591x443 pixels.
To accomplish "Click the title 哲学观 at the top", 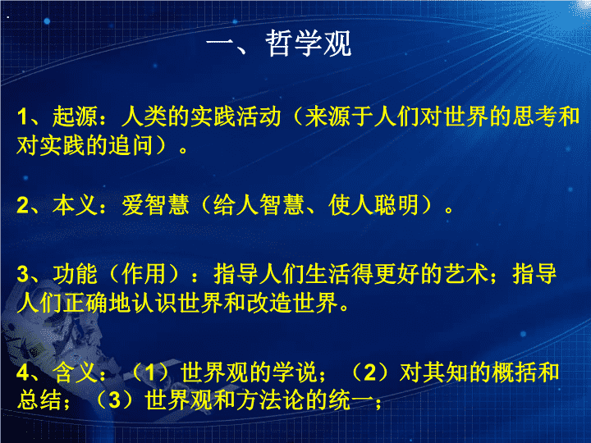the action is (309, 43).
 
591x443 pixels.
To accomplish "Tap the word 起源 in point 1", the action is (75, 116).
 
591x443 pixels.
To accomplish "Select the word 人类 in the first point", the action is (144, 116).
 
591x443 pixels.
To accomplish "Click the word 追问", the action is (131, 145).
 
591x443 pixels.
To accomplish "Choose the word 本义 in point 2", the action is (75, 205).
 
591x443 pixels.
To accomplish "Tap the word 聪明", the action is (396, 205).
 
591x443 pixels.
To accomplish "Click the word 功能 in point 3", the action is (75, 274).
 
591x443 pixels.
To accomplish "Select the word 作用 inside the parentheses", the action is (143, 274).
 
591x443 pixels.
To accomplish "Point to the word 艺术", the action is (466, 274).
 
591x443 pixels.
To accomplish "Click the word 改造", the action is (269, 303).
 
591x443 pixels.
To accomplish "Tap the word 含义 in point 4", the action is (75, 372).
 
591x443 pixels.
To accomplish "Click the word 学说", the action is (295, 372).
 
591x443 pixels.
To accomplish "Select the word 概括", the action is (514, 372).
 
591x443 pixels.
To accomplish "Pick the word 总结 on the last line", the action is (39, 400).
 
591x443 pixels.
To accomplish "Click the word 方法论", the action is (270, 400).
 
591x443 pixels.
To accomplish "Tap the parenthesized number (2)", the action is (369, 372).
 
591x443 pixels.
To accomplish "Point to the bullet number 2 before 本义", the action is (22, 206).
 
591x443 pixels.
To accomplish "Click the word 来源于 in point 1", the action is (339, 116).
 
